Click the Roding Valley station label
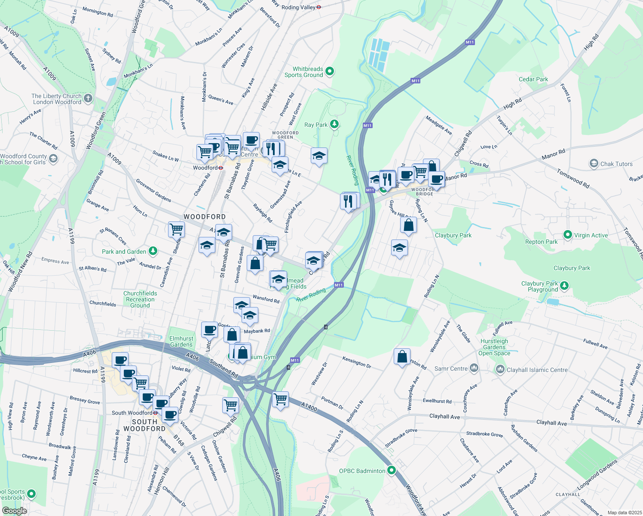tap(298, 7)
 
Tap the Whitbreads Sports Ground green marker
tap(330, 71)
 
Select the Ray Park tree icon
tap(334, 125)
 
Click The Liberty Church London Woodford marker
tap(88, 98)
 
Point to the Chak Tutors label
tap(616, 164)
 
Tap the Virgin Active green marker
tap(567, 235)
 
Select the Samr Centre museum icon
tap(474, 368)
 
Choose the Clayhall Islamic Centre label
tap(537, 370)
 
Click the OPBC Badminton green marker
tap(391, 470)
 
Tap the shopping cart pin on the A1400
tap(280, 399)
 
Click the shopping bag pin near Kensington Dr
tap(402, 357)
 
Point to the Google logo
tap(14, 511)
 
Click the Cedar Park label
tap(533, 79)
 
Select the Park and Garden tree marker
tap(153, 251)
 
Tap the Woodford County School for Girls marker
tap(53, 159)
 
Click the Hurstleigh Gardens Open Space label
tap(494, 347)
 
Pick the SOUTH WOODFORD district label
tap(144, 425)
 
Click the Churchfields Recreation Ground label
tap(140, 299)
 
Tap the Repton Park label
tap(541, 242)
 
